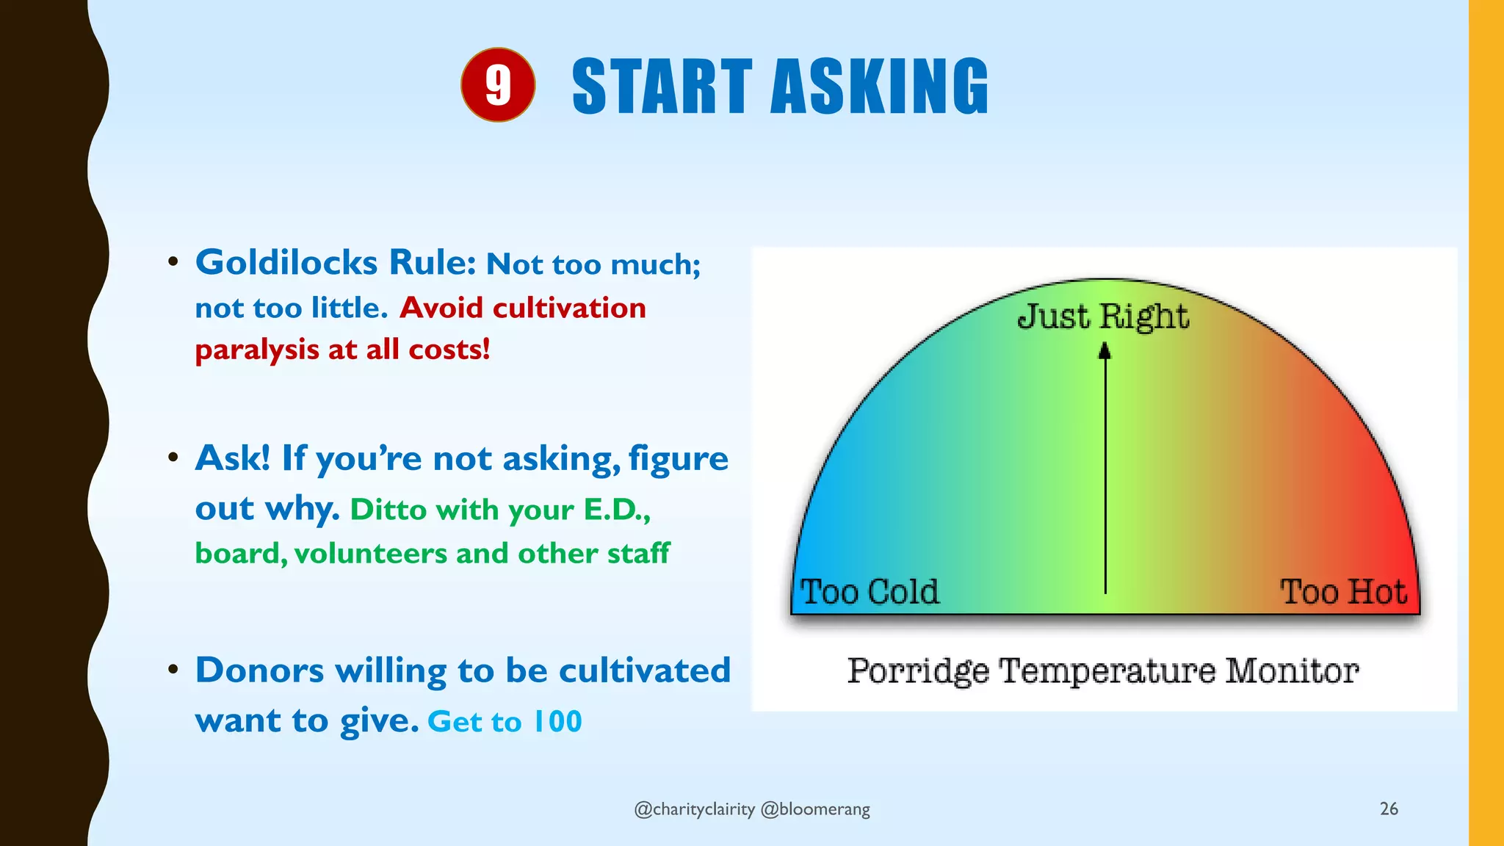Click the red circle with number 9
pyautogui.click(x=498, y=85)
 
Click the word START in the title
pyautogui.click(x=662, y=87)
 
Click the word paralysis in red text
pyautogui.click(x=256, y=350)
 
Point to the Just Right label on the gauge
pyautogui.click(x=1102, y=317)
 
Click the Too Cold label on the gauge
pyautogui.click(x=869, y=592)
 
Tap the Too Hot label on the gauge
pyautogui.click(x=1343, y=592)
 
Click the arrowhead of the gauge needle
pyautogui.click(x=1104, y=352)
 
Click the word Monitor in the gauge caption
pyautogui.click(x=1292, y=671)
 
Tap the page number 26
pyautogui.click(x=1389, y=809)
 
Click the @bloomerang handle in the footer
pyautogui.click(x=815, y=809)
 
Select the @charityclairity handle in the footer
pyautogui.click(x=694, y=809)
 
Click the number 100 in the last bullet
pyautogui.click(x=557, y=722)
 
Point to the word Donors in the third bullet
pyautogui.click(x=259, y=670)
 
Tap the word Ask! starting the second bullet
pyautogui.click(x=233, y=459)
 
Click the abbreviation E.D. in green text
pyautogui.click(x=614, y=510)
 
